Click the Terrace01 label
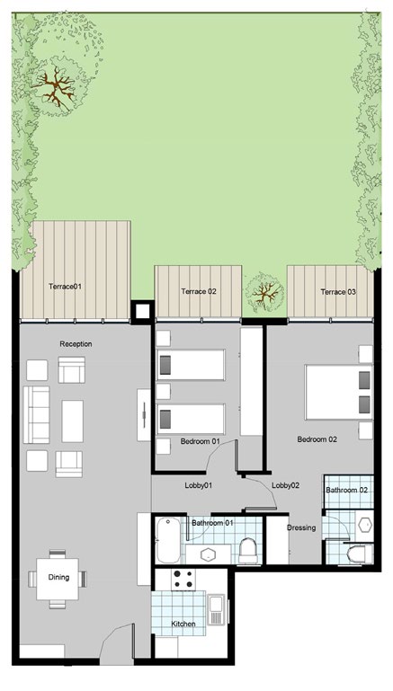66,287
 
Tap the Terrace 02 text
199,291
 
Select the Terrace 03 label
338,292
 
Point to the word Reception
76,344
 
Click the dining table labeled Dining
58,579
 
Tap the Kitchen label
183,624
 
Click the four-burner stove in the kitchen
183,580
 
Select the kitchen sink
216,610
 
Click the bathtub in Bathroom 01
168,540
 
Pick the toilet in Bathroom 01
248,551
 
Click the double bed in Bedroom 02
338,392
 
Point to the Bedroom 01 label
200,441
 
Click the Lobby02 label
285,485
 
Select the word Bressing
301,527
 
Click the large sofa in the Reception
37,414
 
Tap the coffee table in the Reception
72,421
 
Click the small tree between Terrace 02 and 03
264,292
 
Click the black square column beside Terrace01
142,312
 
